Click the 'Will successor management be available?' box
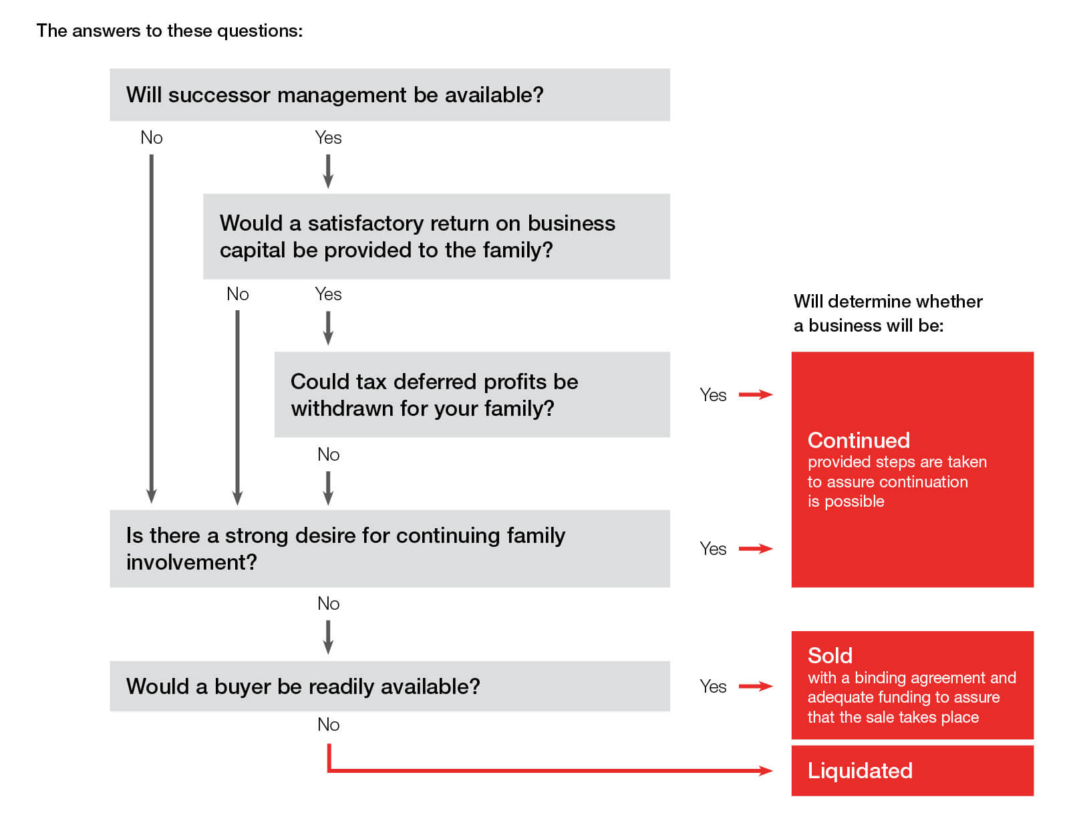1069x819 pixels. [390, 95]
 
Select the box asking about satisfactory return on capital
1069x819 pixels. [436, 236]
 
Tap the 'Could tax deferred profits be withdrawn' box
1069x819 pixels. [472, 394]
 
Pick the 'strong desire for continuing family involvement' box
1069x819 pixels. [390, 548]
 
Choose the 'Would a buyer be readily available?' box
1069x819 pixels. [390, 686]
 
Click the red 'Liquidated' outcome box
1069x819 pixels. [912, 771]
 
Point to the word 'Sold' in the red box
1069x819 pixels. [830, 655]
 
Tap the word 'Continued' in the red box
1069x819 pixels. [859, 440]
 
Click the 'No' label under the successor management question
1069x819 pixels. [152, 138]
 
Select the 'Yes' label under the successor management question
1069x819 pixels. [328, 138]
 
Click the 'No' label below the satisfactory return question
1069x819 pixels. [237, 294]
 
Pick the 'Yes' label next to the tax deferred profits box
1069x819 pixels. [713, 395]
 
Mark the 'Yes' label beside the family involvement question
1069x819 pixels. [713, 549]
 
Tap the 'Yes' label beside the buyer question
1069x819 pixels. [713, 687]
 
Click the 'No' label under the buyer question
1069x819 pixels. [328, 725]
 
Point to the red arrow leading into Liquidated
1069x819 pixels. [548, 771]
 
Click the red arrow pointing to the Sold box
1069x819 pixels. [756, 687]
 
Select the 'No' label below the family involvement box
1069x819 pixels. [328, 604]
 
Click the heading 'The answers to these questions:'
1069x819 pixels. [170, 31]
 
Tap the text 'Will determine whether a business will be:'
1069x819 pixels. [888, 313]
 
